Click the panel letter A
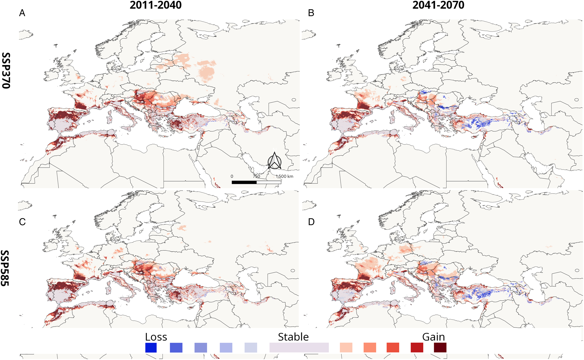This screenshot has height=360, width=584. [x=22, y=13]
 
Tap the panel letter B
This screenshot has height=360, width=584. [x=311, y=13]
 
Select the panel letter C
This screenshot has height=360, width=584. [x=22, y=222]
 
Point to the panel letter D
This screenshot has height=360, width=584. [x=311, y=222]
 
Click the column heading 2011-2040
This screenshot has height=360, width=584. [x=156, y=5]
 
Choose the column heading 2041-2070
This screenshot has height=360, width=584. [x=438, y=5]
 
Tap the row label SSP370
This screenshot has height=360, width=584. [x=6, y=71]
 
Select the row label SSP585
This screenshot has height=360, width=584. [x=5, y=268]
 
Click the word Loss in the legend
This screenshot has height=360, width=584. [x=156, y=337]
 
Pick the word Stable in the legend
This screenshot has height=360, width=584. [x=293, y=337]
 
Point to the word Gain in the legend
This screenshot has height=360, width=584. [x=433, y=337]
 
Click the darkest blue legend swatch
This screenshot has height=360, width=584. [x=151, y=348]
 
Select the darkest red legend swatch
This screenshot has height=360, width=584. [x=440, y=348]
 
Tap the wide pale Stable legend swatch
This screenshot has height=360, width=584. [x=299, y=348]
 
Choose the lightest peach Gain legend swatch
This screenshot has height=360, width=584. [x=346, y=348]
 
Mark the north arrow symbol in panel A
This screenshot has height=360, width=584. [x=275, y=161]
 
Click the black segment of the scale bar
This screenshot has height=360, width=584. [x=244, y=182]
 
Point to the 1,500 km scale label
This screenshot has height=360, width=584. [x=285, y=176]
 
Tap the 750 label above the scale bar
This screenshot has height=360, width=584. [x=256, y=176]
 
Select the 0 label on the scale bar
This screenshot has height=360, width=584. [x=232, y=176]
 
